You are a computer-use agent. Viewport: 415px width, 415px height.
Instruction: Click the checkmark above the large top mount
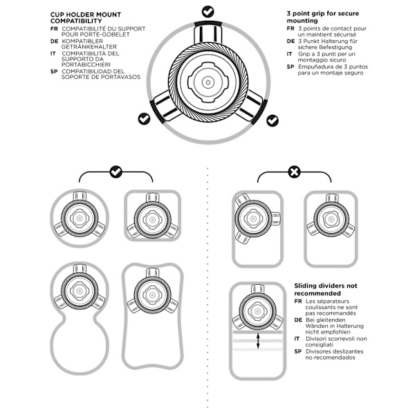208,12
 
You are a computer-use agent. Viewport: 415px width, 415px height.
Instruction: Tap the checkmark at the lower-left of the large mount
144,118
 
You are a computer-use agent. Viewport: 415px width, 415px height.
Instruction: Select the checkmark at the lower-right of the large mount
273,120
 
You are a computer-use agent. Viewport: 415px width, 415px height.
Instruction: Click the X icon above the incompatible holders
295,172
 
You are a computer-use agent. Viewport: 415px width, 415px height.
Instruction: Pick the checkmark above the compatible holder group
116,172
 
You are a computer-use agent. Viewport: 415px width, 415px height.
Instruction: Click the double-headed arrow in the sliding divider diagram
258,341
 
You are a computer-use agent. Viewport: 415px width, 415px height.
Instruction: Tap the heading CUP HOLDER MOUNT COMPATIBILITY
86,18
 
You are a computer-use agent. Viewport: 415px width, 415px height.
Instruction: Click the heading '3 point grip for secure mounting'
323,17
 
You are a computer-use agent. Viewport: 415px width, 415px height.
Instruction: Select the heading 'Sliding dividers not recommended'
326,290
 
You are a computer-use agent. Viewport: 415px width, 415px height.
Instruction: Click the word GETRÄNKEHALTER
89,47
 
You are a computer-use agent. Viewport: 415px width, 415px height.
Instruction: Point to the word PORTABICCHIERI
86,64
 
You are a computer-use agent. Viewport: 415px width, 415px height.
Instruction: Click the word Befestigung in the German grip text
335,47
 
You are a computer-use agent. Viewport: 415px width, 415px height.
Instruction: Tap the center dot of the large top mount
208,82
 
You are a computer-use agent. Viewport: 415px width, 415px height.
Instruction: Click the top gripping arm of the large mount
208,33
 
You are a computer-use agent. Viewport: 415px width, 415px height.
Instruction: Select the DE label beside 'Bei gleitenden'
298,320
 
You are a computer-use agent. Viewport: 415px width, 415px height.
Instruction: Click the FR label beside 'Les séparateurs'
298,301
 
